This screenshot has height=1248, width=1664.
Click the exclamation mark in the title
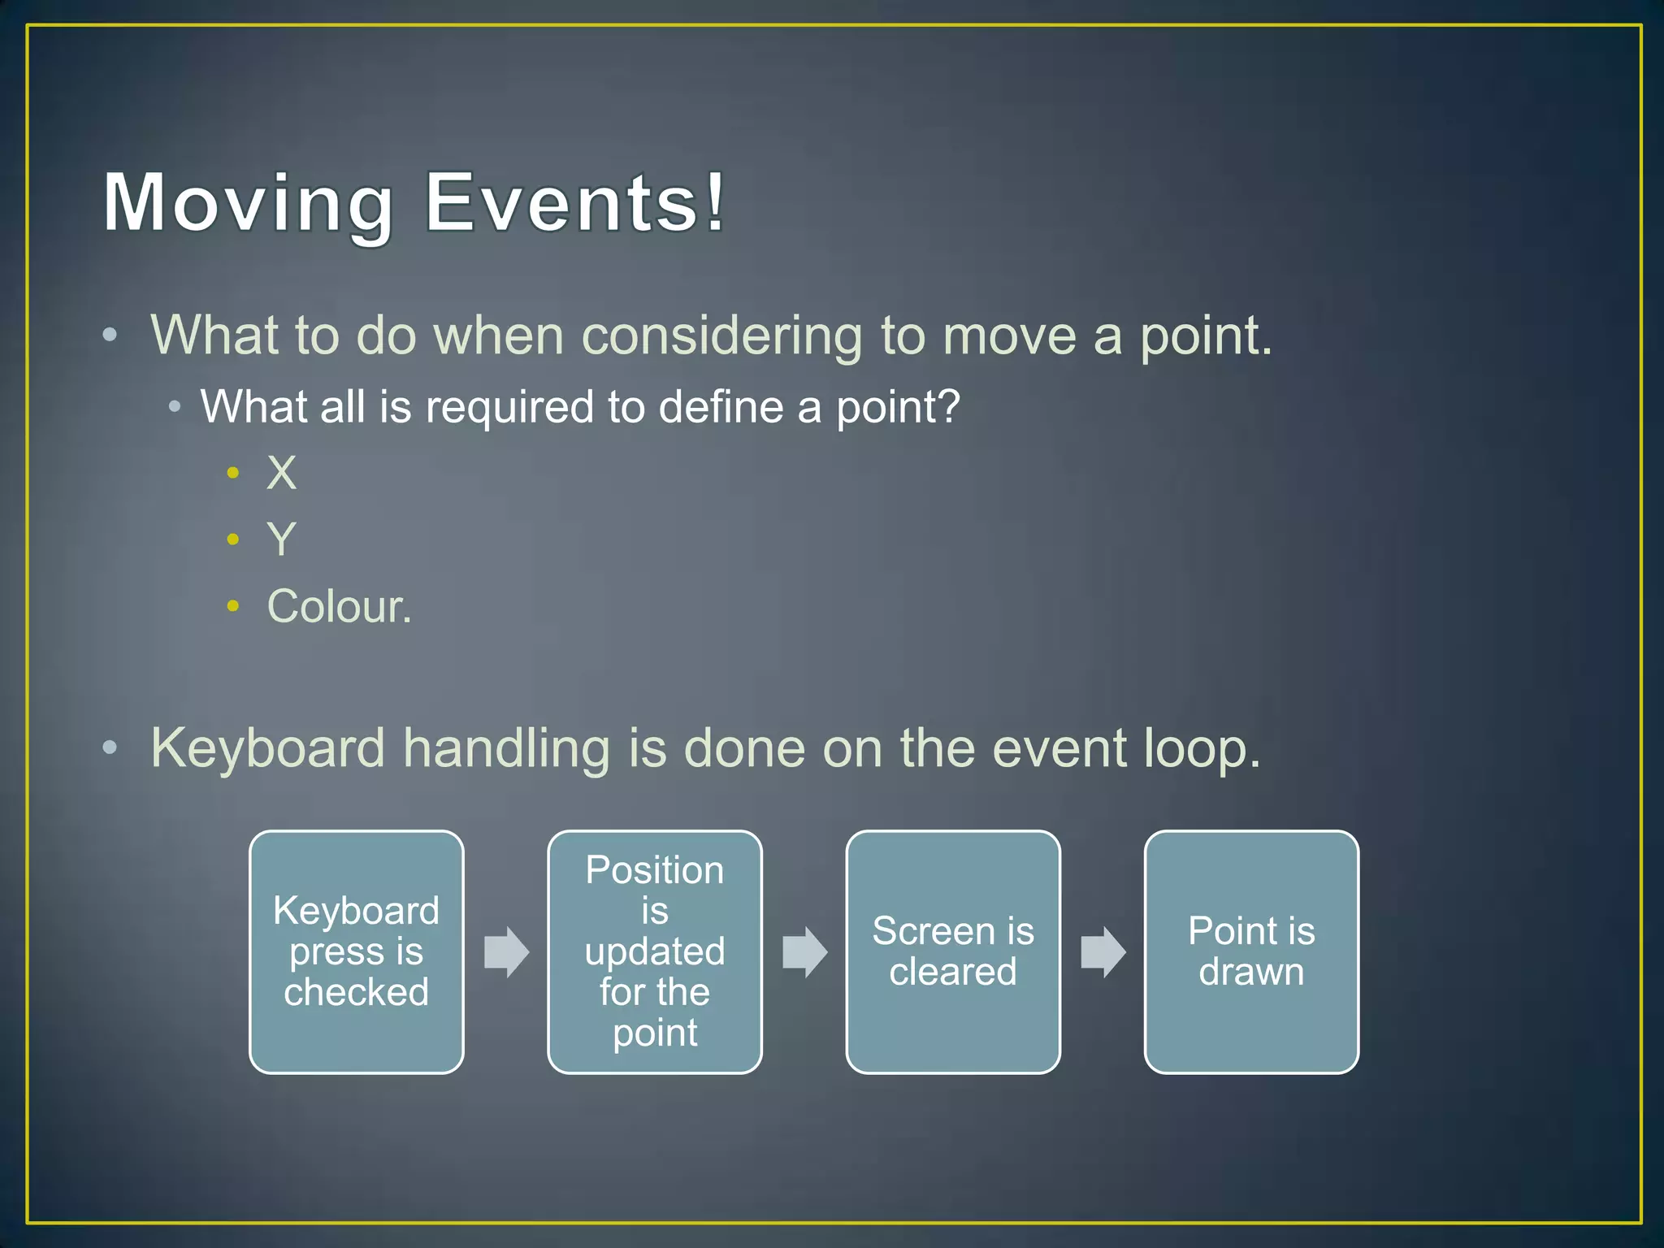coord(714,201)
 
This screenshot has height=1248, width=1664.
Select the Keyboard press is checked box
coord(356,951)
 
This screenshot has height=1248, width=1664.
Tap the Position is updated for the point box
coord(654,951)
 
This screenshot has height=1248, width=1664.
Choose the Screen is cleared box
coord(952,951)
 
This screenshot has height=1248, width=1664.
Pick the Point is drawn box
coord(1250,951)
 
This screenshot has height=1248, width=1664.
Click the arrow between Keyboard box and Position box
coord(506,951)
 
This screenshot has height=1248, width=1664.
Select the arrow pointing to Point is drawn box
coord(1103,951)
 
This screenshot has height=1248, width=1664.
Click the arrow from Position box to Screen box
coord(804,951)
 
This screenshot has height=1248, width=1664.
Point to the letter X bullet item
coord(281,473)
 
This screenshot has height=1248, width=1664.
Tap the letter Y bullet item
coord(281,539)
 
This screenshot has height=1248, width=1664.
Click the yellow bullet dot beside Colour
coord(233,605)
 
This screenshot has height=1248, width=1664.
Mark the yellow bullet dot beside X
coord(233,472)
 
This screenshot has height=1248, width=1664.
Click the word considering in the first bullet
coord(721,336)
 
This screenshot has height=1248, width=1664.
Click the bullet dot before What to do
coord(110,335)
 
